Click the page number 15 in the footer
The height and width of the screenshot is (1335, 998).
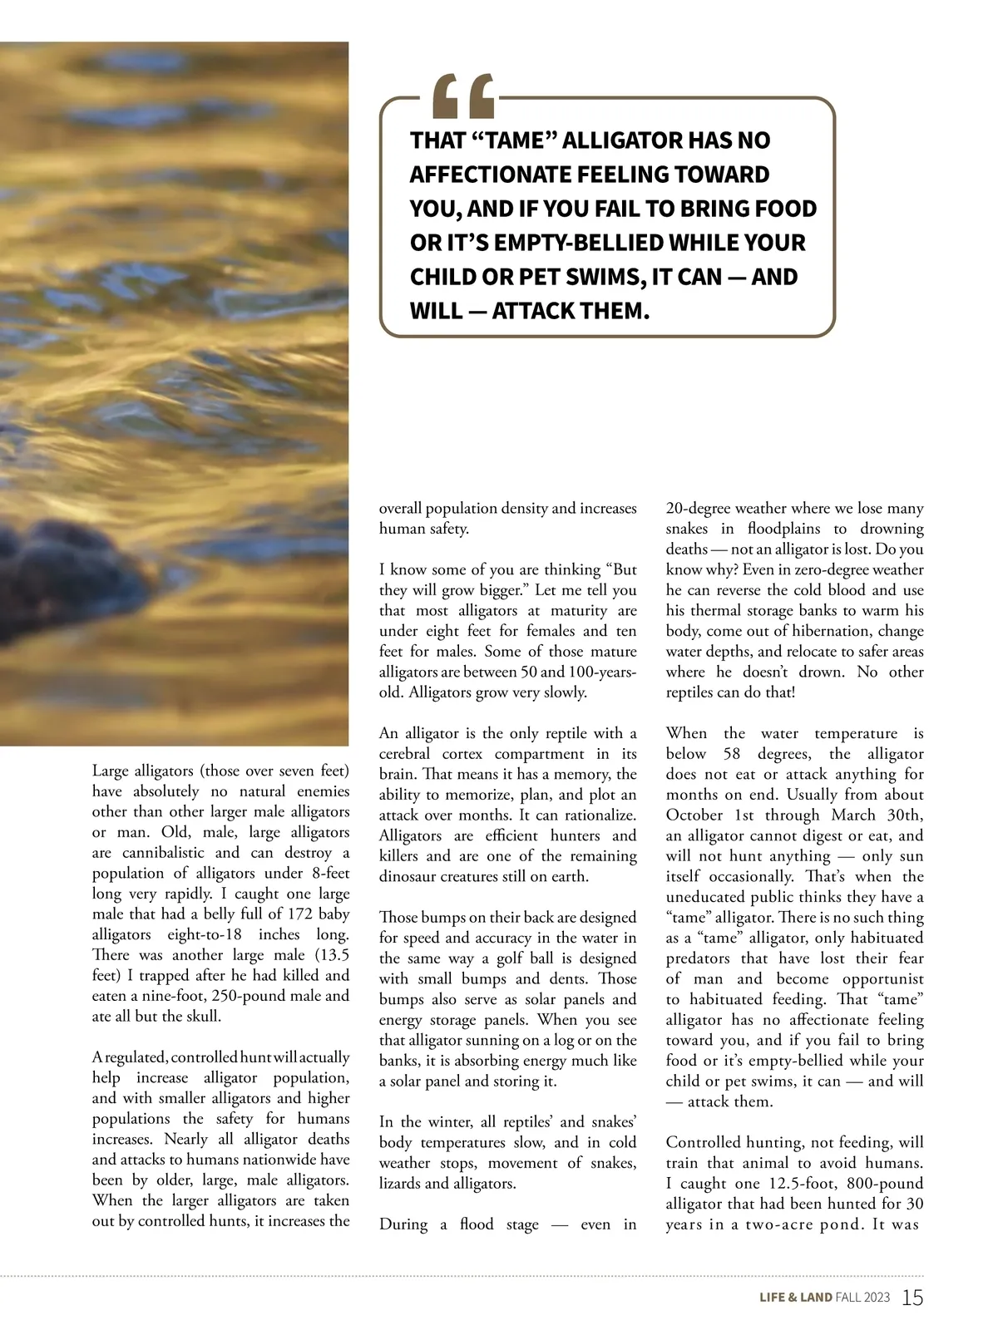pos(912,1298)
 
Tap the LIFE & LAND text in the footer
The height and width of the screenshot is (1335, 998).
pos(795,1298)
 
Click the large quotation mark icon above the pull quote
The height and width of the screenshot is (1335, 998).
pos(463,97)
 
